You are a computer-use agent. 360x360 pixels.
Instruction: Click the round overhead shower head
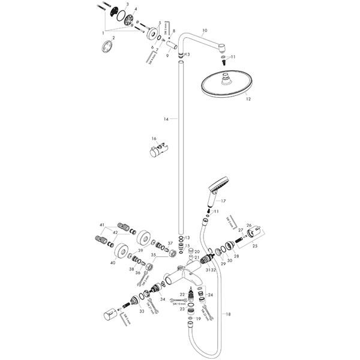(226, 83)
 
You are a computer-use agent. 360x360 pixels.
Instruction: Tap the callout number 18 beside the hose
(227, 314)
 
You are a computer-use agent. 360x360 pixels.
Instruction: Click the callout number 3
(127, 4)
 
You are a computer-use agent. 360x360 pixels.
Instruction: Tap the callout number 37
(152, 243)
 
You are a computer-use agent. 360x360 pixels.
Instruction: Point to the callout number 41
(103, 224)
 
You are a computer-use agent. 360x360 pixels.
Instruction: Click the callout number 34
(163, 299)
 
